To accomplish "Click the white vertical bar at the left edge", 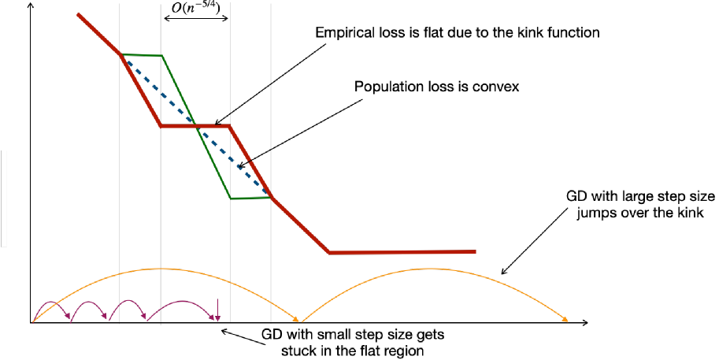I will tap(4, 199).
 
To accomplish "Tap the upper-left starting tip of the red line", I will tap(78, 14).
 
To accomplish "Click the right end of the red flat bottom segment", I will tap(475, 252).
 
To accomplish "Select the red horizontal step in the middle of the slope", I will tap(195, 126).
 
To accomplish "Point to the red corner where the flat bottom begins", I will tap(328, 252).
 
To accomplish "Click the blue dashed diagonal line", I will tap(197, 126).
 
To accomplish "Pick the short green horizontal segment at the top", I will tap(142, 55).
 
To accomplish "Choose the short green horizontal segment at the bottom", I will tap(250, 198).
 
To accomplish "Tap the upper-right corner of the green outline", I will tap(161, 56).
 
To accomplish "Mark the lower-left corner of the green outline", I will tap(231, 198).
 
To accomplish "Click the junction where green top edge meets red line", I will tap(121, 54).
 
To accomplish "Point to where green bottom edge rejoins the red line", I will tap(271, 197).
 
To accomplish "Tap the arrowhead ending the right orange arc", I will tap(566, 320).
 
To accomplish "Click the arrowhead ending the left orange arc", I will tap(297, 320).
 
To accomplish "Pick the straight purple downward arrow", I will tap(217, 311).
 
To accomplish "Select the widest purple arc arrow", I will tap(181, 302).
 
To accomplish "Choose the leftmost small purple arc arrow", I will tap(50, 302).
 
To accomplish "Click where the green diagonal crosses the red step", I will tap(195, 126).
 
